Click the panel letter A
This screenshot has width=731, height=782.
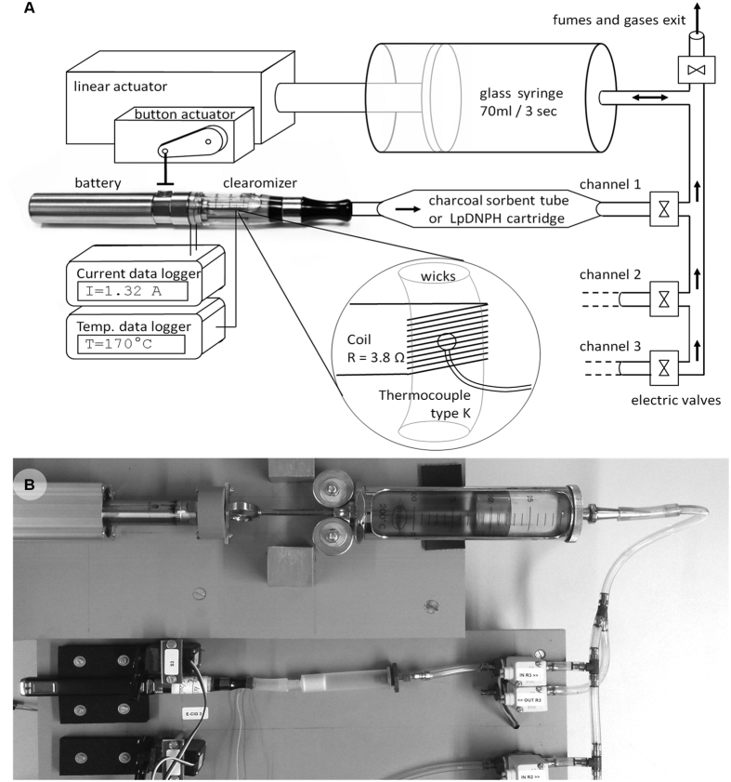(11, 9)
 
